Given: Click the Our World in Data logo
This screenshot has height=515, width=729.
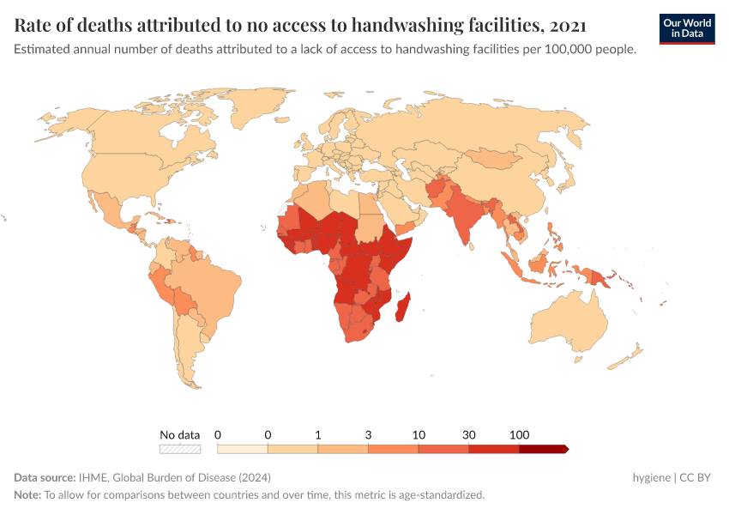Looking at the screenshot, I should point(686,28).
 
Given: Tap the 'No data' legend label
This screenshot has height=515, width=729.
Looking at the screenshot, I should point(179,435).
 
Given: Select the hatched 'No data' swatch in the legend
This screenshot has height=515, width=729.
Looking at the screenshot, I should point(179,449).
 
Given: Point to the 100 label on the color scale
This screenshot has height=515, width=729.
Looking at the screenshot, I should point(519,435).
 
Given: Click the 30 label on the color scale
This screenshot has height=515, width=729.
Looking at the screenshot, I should point(468,435).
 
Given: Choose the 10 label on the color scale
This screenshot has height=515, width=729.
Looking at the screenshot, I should point(419,435).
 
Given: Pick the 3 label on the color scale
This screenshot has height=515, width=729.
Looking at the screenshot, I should point(368,435).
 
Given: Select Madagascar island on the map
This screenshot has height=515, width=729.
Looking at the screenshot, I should point(401,307).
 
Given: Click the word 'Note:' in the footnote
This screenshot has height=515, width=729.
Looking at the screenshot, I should point(27,494).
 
